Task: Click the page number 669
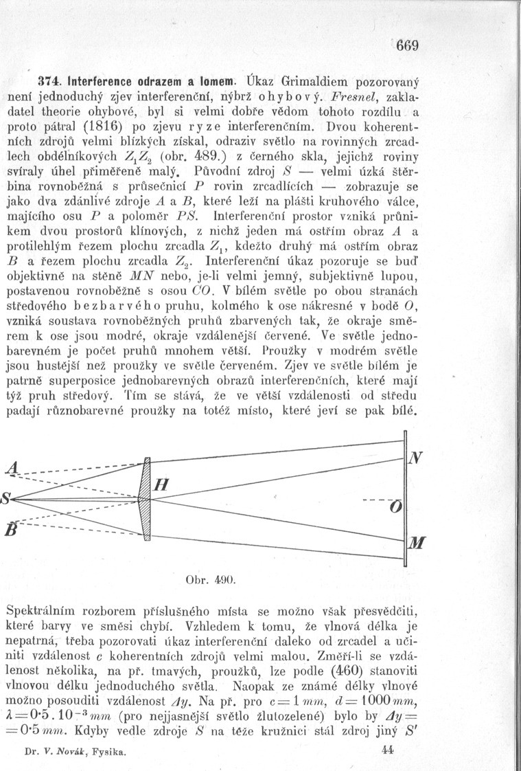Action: (x=406, y=48)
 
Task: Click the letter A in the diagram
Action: (x=10, y=469)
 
